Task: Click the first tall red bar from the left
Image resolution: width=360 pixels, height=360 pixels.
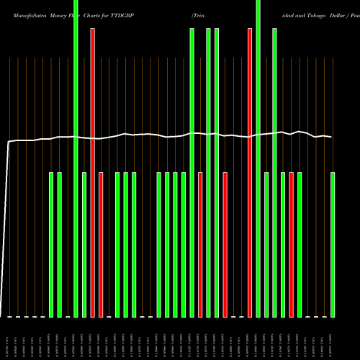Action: [93, 173]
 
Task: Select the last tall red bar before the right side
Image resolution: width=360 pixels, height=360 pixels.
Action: [250, 173]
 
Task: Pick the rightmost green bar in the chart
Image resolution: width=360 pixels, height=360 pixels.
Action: [333, 245]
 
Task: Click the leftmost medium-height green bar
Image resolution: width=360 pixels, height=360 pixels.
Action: [51, 245]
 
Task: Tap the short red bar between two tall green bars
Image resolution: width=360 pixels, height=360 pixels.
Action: [200, 245]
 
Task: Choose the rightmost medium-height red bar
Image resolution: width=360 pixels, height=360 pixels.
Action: [292, 245]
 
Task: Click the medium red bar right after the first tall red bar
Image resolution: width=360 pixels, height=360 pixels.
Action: [101, 245]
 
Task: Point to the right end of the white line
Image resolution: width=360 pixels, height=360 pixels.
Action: [332, 137]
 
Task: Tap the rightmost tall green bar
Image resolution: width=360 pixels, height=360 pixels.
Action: [275, 173]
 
